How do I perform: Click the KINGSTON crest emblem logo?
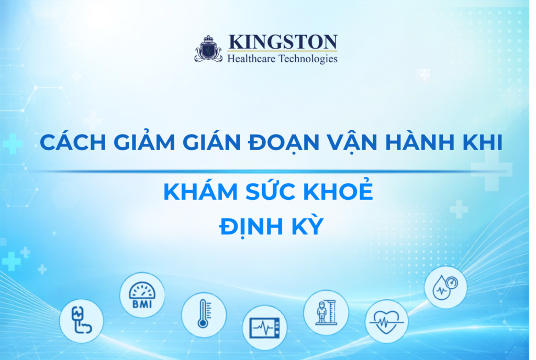click(x=208, y=49)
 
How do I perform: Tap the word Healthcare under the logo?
click(x=251, y=59)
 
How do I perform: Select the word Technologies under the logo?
click(x=308, y=59)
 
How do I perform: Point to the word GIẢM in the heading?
click(x=144, y=141)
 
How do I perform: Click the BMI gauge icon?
click(x=142, y=295)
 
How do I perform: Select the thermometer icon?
click(x=204, y=314)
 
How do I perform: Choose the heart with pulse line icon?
click(x=387, y=321)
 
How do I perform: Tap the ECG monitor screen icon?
click(x=265, y=328)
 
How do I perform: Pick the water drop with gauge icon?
click(x=445, y=287)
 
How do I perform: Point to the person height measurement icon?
click(x=326, y=312)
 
